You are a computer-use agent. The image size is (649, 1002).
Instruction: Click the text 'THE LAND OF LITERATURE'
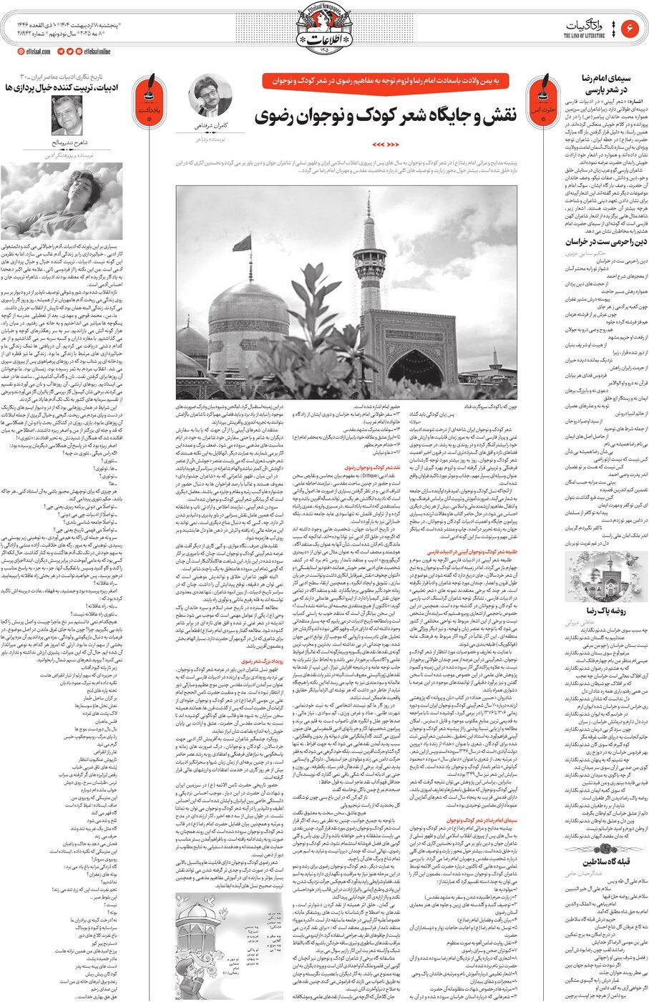coord(585,36)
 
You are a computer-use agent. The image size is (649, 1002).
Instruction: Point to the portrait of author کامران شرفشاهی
coord(208,94)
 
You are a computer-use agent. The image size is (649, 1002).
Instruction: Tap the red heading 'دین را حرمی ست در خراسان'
coord(597,243)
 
